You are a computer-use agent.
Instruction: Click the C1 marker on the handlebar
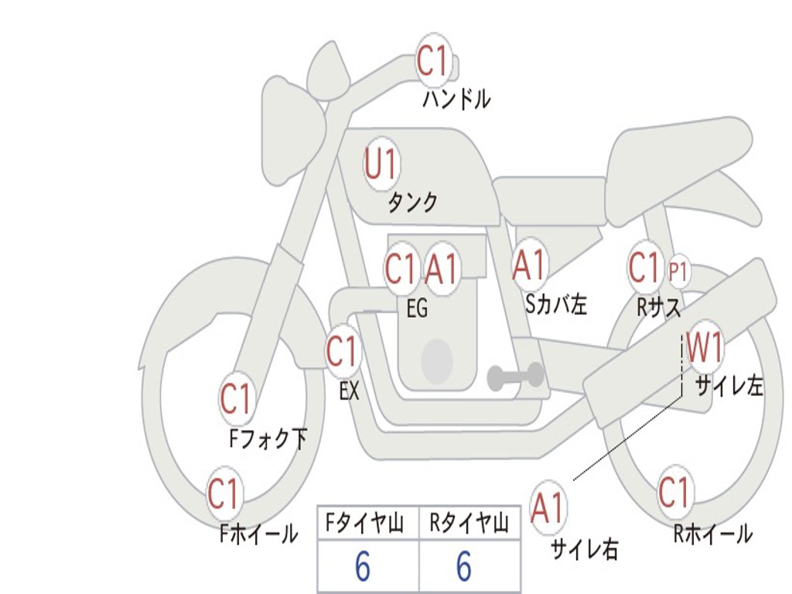pyautogui.click(x=434, y=60)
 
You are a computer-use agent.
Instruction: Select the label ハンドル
pyautogui.click(x=456, y=99)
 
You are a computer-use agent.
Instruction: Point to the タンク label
pyautogui.click(x=412, y=203)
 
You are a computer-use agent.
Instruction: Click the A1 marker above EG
pyautogui.click(x=442, y=269)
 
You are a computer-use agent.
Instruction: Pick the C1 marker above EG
pyautogui.click(x=401, y=269)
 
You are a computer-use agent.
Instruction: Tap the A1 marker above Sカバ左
pyautogui.click(x=530, y=265)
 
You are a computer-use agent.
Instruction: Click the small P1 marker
pyautogui.click(x=678, y=271)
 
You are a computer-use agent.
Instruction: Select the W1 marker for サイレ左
pyautogui.click(x=705, y=347)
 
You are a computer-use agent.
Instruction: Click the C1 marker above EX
pyautogui.click(x=342, y=351)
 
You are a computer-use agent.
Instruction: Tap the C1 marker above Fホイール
pyautogui.click(x=224, y=493)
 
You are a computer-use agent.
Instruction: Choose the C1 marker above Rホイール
pyautogui.click(x=674, y=492)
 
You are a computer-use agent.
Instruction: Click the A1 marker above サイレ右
pyautogui.click(x=548, y=507)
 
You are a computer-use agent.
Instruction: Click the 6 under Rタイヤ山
pyautogui.click(x=464, y=567)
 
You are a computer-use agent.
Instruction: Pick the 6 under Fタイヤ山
pyautogui.click(x=362, y=567)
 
